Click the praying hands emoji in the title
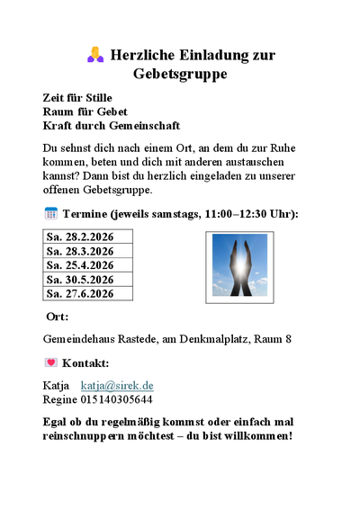pos(95,56)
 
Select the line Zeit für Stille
pos(78,97)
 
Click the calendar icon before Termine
pos(50,213)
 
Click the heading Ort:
pos(57,317)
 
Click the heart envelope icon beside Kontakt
pos(50,363)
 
